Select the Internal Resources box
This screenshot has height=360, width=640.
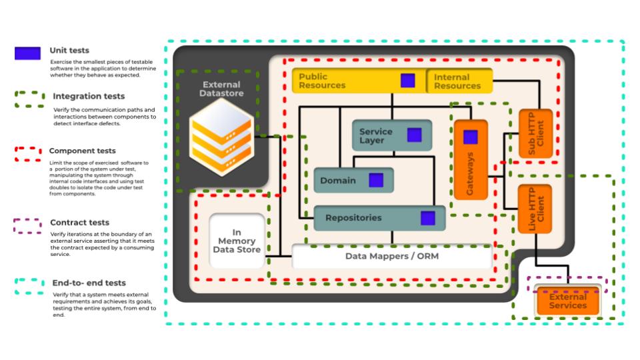459,81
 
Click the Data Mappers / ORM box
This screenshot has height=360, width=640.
392,256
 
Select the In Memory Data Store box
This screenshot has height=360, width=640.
237,241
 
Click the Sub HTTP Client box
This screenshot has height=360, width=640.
536,133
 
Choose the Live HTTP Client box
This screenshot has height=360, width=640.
535,209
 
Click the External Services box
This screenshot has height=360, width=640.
568,301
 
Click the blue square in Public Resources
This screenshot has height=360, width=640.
408,81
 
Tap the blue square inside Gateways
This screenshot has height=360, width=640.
471,137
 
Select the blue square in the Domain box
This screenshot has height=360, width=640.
376,180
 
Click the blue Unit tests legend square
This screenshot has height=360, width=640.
27,53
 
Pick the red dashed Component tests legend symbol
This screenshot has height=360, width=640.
27,155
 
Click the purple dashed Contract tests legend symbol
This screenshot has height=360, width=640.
27,226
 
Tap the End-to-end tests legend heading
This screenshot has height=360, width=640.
89,283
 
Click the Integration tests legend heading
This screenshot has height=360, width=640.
89,97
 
